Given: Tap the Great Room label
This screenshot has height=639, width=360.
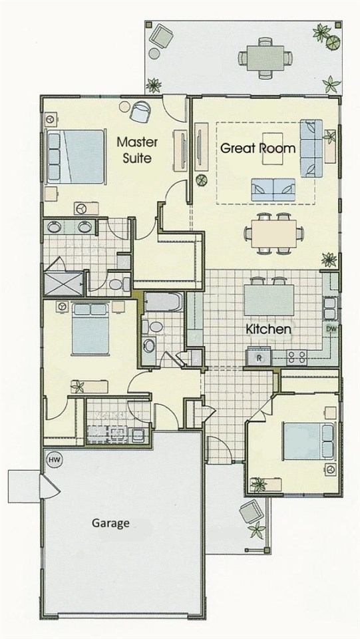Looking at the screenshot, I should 258,148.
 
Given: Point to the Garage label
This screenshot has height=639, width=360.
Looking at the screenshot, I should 110,523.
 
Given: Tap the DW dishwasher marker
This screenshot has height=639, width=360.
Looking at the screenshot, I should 331,329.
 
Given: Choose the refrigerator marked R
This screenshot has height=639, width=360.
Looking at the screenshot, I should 260,357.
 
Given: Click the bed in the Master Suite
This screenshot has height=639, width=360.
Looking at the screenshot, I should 75,156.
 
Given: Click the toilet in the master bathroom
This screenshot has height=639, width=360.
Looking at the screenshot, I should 117,285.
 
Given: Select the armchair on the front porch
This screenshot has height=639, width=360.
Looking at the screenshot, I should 250,513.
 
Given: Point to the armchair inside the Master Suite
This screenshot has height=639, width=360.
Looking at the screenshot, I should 140,112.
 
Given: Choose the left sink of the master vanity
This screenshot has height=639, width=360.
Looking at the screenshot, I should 55,228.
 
